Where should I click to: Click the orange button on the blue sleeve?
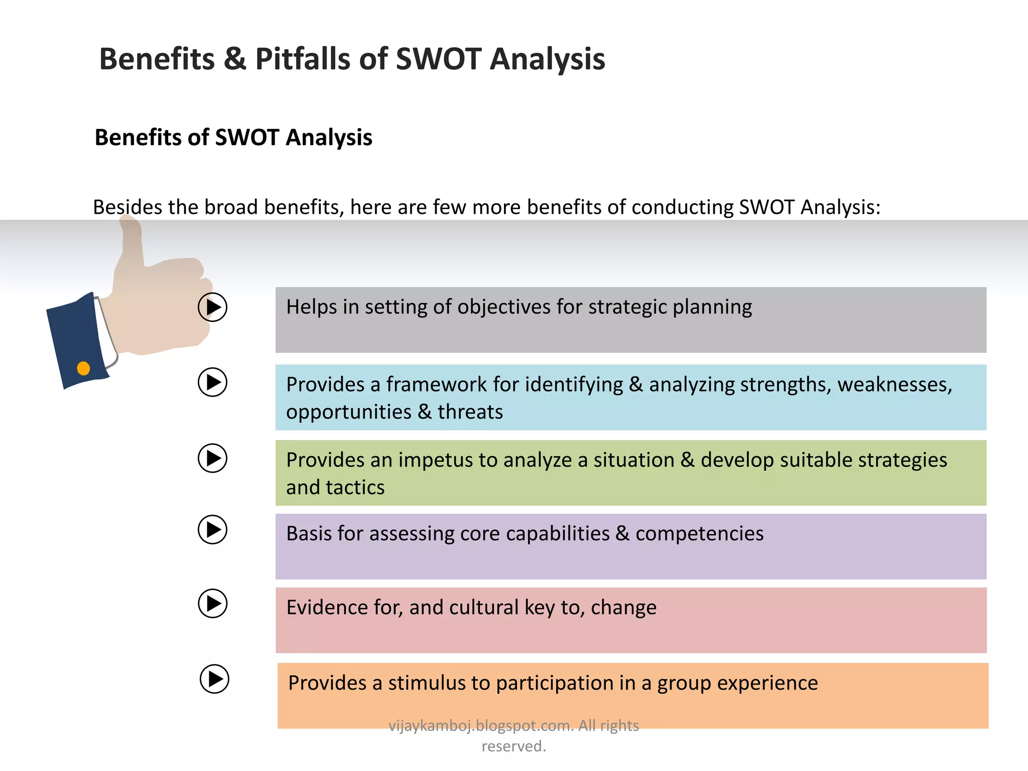pos(83,368)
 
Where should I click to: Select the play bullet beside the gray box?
pos(212,307)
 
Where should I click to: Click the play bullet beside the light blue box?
pos(212,382)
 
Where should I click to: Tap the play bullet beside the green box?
pos(212,458)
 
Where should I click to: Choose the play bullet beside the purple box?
pos(212,530)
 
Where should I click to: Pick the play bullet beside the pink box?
pos(212,603)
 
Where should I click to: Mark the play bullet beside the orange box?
pos(214,679)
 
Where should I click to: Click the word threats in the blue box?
pos(470,412)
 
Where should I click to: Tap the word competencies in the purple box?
pos(699,534)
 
